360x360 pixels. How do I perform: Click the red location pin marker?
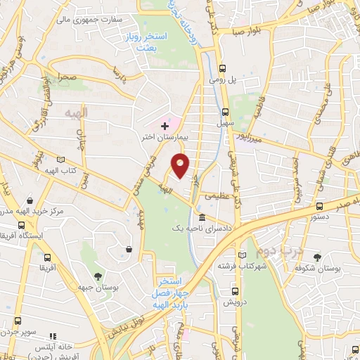coord(181,165)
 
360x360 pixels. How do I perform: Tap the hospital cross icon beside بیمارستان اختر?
coord(165,127)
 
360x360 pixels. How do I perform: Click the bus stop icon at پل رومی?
coord(223,69)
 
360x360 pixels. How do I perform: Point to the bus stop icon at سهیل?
coord(226,111)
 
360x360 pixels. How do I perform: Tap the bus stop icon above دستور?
coord(320,206)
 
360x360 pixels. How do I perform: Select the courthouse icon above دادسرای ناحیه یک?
coord(202,217)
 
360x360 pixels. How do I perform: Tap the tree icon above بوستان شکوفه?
coord(318,257)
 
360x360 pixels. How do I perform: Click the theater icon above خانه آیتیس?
coord(53,337)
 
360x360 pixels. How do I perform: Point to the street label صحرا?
coord(67,75)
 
